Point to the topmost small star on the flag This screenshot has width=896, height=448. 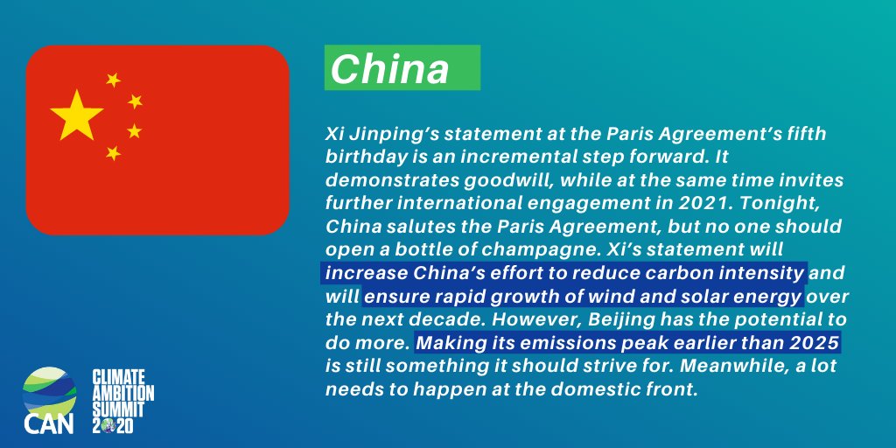click(113, 80)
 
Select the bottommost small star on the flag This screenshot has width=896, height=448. click(113, 153)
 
